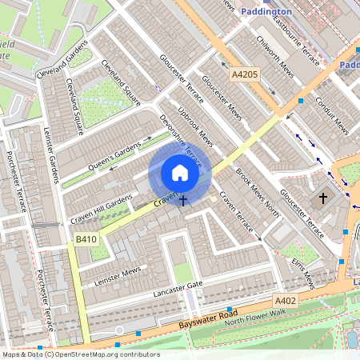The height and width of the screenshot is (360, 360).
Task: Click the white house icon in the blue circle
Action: [x=180, y=173]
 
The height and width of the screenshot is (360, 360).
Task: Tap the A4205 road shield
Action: [x=245, y=75]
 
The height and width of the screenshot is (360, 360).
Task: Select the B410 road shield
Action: [x=86, y=239]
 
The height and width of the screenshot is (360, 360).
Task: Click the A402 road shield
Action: [x=286, y=300]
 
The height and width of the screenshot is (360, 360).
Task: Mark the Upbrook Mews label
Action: [x=195, y=128]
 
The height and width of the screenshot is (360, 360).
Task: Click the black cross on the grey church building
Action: [x=324, y=197]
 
